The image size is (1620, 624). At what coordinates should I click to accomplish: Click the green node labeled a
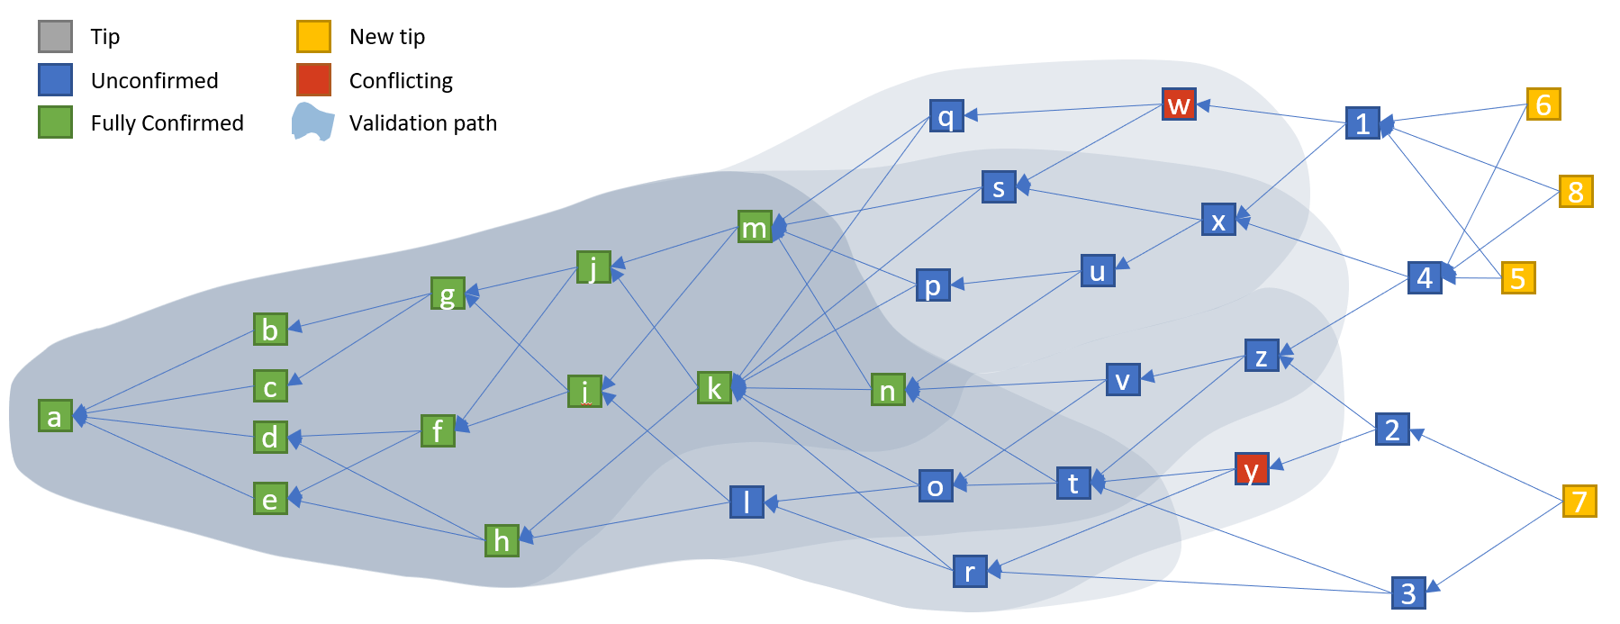coord(55,416)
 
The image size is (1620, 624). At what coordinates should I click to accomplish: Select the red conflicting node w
coord(1179,104)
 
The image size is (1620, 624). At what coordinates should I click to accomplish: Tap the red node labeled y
coord(1252,469)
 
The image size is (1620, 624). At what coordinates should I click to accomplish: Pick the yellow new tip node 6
coord(1543,104)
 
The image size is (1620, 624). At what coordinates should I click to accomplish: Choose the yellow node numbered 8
coord(1576,192)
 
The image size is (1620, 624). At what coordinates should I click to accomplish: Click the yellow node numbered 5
coord(1518,278)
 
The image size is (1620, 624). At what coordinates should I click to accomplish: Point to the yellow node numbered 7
coord(1579,502)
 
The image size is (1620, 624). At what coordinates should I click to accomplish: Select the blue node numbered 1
coord(1362,123)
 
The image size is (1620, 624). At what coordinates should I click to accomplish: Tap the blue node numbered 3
coord(1408,593)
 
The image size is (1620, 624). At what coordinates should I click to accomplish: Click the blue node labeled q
coord(946,116)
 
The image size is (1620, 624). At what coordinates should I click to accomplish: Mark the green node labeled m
coord(755,228)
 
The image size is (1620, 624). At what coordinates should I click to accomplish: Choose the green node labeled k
coord(714,388)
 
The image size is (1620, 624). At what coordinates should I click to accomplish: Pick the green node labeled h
coord(502,540)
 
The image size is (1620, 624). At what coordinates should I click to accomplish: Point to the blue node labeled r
coord(970,572)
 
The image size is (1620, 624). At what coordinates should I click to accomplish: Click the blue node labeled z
coord(1262,357)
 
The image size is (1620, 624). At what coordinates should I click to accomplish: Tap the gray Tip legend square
coord(55,37)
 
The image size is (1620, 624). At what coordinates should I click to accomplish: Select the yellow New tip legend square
coord(313,37)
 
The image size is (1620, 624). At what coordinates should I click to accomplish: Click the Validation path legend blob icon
coord(312,122)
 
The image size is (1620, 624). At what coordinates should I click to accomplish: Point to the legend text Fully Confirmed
coord(167,123)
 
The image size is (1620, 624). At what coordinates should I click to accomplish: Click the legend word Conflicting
coord(401,81)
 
